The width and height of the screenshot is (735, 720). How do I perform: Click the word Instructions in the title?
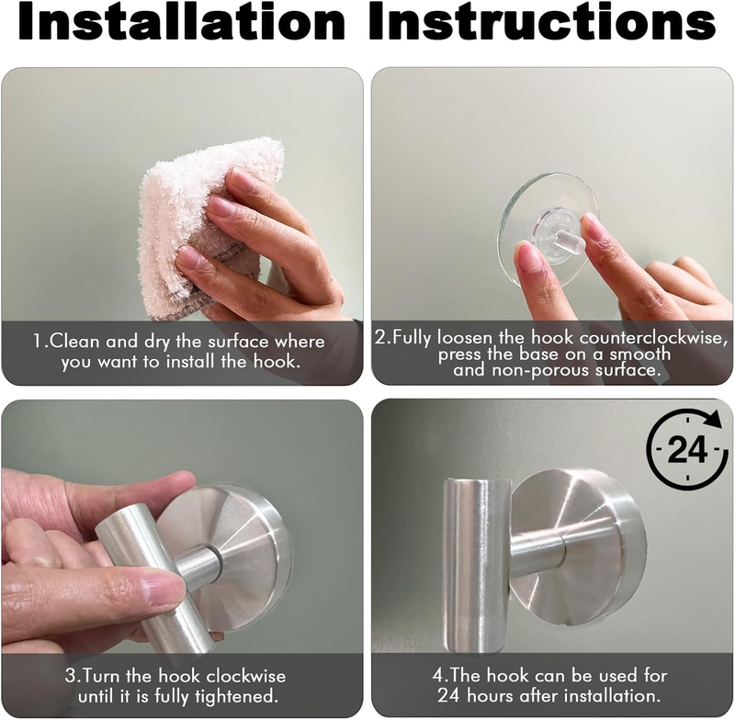coord(542,21)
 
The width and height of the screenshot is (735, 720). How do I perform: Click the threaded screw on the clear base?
coord(571,240)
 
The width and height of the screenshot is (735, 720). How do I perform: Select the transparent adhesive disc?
coord(548,230)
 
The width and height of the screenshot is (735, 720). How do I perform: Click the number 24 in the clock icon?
coord(686,449)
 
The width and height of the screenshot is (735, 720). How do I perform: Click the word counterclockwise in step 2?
coord(653,338)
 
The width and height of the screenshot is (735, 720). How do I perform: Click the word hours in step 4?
coord(489,695)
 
